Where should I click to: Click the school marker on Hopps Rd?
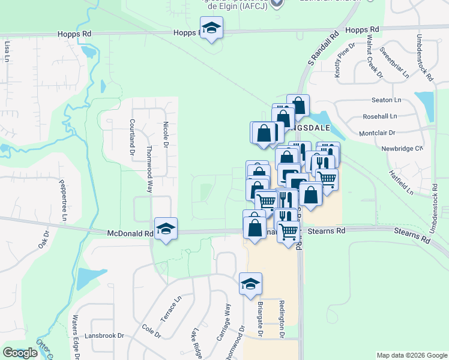tap(211, 28)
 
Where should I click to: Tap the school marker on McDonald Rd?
tap(166, 229)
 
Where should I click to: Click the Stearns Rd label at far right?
tap(412, 235)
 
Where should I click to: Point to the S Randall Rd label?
tap(320, 52)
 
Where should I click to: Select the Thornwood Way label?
tap(149, 170)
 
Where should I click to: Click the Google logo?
tap(20, 353)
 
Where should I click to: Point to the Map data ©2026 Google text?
tap(411, 355)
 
